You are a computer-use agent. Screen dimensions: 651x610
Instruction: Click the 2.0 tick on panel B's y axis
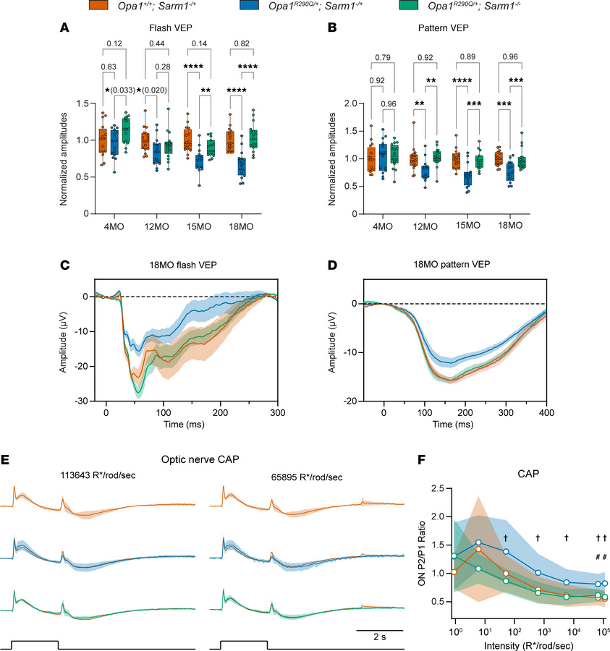pos(354,103)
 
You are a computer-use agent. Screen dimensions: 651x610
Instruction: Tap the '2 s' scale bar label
pos(379,616)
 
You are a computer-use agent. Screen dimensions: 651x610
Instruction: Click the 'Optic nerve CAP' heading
pos(212,459)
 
